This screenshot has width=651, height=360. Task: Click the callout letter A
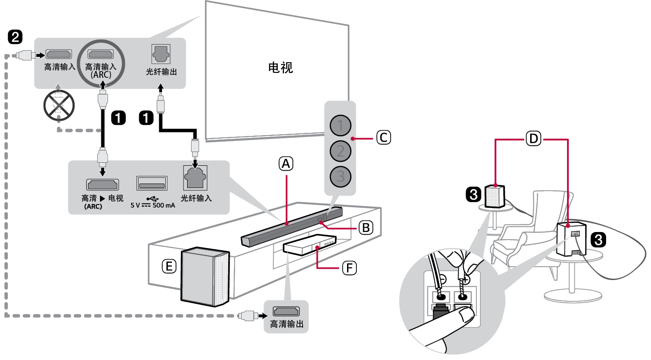click(x=286, y=164)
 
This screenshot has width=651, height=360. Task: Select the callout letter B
click(x=365, y=228)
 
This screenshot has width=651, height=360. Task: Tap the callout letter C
click(x=383, y=137)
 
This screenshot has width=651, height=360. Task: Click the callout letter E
click(x=169, y=266)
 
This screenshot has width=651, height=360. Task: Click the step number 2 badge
click(x=16, y=37)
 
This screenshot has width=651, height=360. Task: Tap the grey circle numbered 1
click(x=340, y=126)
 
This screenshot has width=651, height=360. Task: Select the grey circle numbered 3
click(x=340, y=176)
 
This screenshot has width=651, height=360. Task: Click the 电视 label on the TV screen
click(x=280, y=68)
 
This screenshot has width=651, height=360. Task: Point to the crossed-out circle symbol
click(x=59, y=105)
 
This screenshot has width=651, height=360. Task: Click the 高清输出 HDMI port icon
click(x=286, y=312)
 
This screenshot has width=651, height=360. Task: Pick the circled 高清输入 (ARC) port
click(x=101, y=55)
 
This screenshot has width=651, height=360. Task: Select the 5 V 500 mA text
click(x=152, y=205)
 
